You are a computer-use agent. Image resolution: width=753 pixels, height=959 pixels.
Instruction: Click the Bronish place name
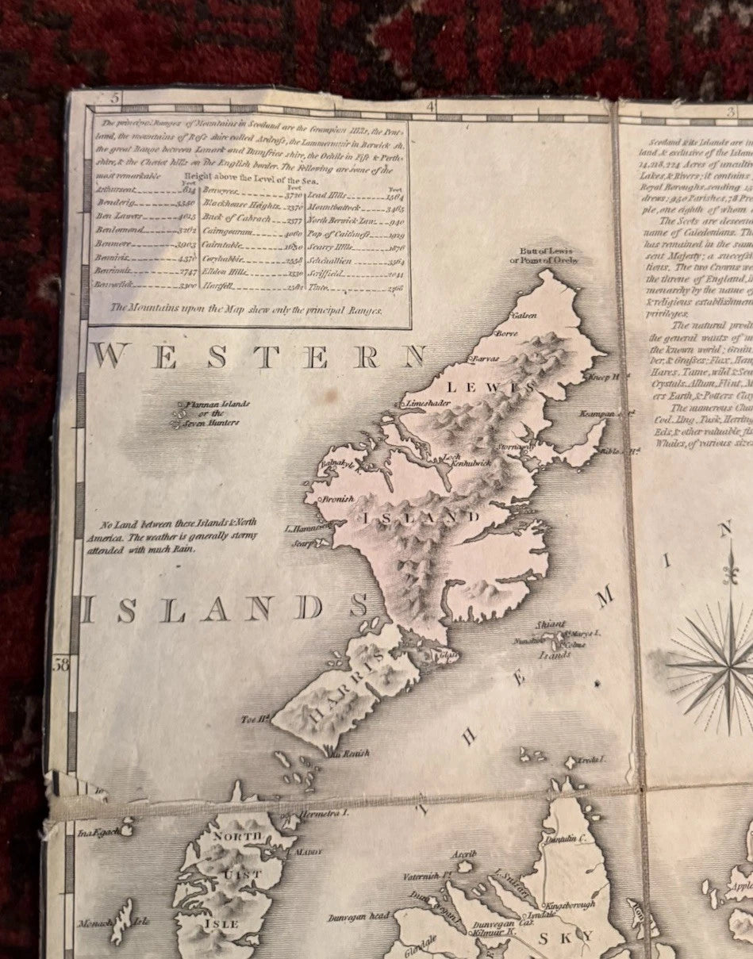336,500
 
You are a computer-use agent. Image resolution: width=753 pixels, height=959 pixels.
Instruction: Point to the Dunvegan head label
358,918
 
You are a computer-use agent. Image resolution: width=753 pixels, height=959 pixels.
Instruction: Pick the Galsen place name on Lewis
524,316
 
